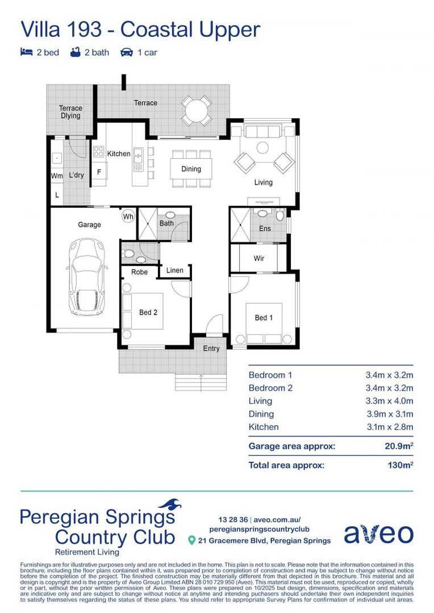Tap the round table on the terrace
(x=197, y=109)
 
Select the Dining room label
(x=191, y=169)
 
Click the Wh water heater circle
(x=128, y=217)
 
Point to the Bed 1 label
(x=264, y=318)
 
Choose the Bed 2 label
(x=148, y=312)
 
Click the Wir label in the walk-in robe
(x=259, y=258)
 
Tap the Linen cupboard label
(x=175, y=270)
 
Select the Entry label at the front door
(x=211, y=349)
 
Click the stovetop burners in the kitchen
(x=99, y=152)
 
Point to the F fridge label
(x=99, y=171)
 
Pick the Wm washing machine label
(x=56, y=176)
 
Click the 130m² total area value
(x=399, y=465)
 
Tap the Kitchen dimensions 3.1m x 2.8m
(x=389, y=427)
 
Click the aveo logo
(x=378, y=534)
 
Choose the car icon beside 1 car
(x=126, y=53)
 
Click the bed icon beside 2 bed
(x=26, y=53)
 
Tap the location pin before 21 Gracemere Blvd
(x=192, y=540)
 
